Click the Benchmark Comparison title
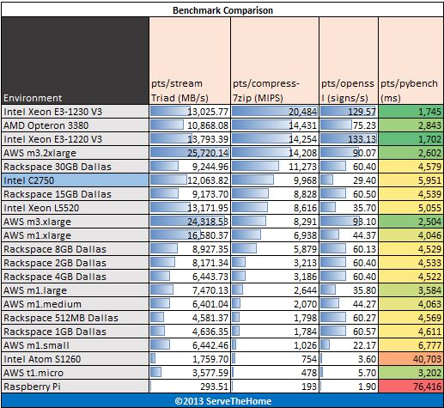click(222, 10)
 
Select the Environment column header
click(33, 98)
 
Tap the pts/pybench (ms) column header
click(409, 90)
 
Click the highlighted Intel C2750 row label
click(28, 180)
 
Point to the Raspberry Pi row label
click(32, 387)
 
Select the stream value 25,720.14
click(208, 153)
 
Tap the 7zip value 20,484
click(302, 112)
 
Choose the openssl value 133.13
click(362, 139)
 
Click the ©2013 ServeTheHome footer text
click(222, 401)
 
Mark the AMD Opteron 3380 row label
click(46, 125)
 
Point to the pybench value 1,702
click(429, 139)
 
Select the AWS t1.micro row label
click(33, 373)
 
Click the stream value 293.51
click(214, 387)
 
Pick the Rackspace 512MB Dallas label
click(61, 318)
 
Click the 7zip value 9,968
click(305, 180)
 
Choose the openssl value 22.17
click(364, 345)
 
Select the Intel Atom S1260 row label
click(42, 359)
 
